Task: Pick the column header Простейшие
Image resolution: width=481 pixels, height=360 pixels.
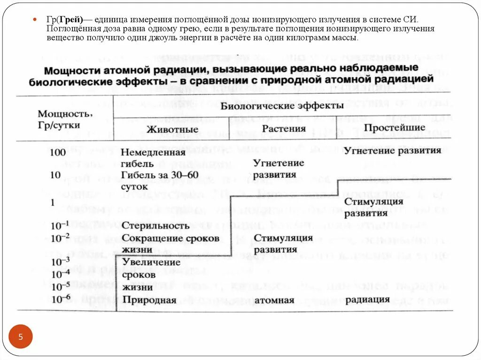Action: coord(395,127)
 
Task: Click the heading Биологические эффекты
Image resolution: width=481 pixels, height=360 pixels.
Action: coord(282,106)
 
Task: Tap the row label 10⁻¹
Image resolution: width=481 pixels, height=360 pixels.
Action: coord(60,225)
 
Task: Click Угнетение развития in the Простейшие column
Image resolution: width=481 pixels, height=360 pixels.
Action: coord(392,151)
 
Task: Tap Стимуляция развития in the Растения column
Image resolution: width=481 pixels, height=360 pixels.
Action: coord(283,244)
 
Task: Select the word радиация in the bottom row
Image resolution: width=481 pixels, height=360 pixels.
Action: coord(369,299)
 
